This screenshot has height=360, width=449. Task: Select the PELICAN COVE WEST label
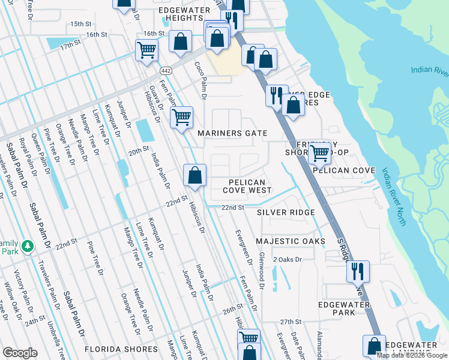point(247,185)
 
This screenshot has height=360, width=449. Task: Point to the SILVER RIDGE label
point(286,212)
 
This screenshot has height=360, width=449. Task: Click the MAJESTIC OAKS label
point(291,241)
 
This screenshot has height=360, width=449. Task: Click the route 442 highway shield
point(166,71)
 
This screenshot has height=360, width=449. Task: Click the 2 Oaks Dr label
point(286,260)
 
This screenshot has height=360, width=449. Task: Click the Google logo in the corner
point(20,353)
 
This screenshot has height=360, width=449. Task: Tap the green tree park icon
point(27,246)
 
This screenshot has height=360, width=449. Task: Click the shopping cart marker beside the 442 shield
point(146,50)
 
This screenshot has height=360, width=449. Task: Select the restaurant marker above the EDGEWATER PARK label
point(358,271)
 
